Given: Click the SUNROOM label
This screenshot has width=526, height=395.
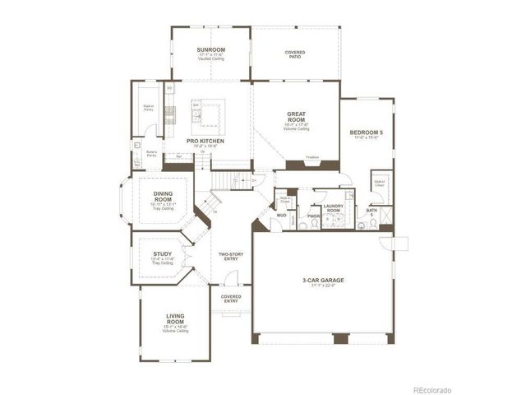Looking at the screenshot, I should (210, 50).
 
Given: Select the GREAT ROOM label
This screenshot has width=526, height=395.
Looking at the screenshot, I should (296, 117).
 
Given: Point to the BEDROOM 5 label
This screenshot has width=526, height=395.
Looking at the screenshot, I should (366, 132).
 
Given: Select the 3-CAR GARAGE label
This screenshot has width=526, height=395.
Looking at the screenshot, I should (323, 281).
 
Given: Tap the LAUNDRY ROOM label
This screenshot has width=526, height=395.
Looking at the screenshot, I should (333, 209).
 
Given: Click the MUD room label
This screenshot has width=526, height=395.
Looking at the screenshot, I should (281, 216).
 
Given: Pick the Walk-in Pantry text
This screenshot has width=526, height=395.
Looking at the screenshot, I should (150, 107).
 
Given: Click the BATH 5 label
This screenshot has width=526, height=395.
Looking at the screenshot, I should (371, 212).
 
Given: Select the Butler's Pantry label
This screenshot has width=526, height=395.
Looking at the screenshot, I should (152, 153).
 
